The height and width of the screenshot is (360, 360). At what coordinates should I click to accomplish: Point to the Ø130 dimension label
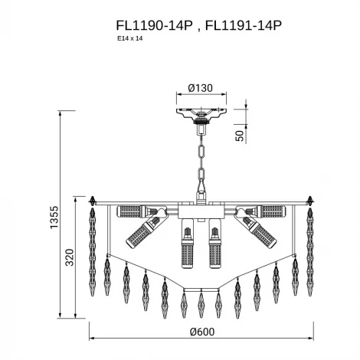(201, 88)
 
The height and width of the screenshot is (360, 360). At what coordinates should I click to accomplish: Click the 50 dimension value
(239, 136)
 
